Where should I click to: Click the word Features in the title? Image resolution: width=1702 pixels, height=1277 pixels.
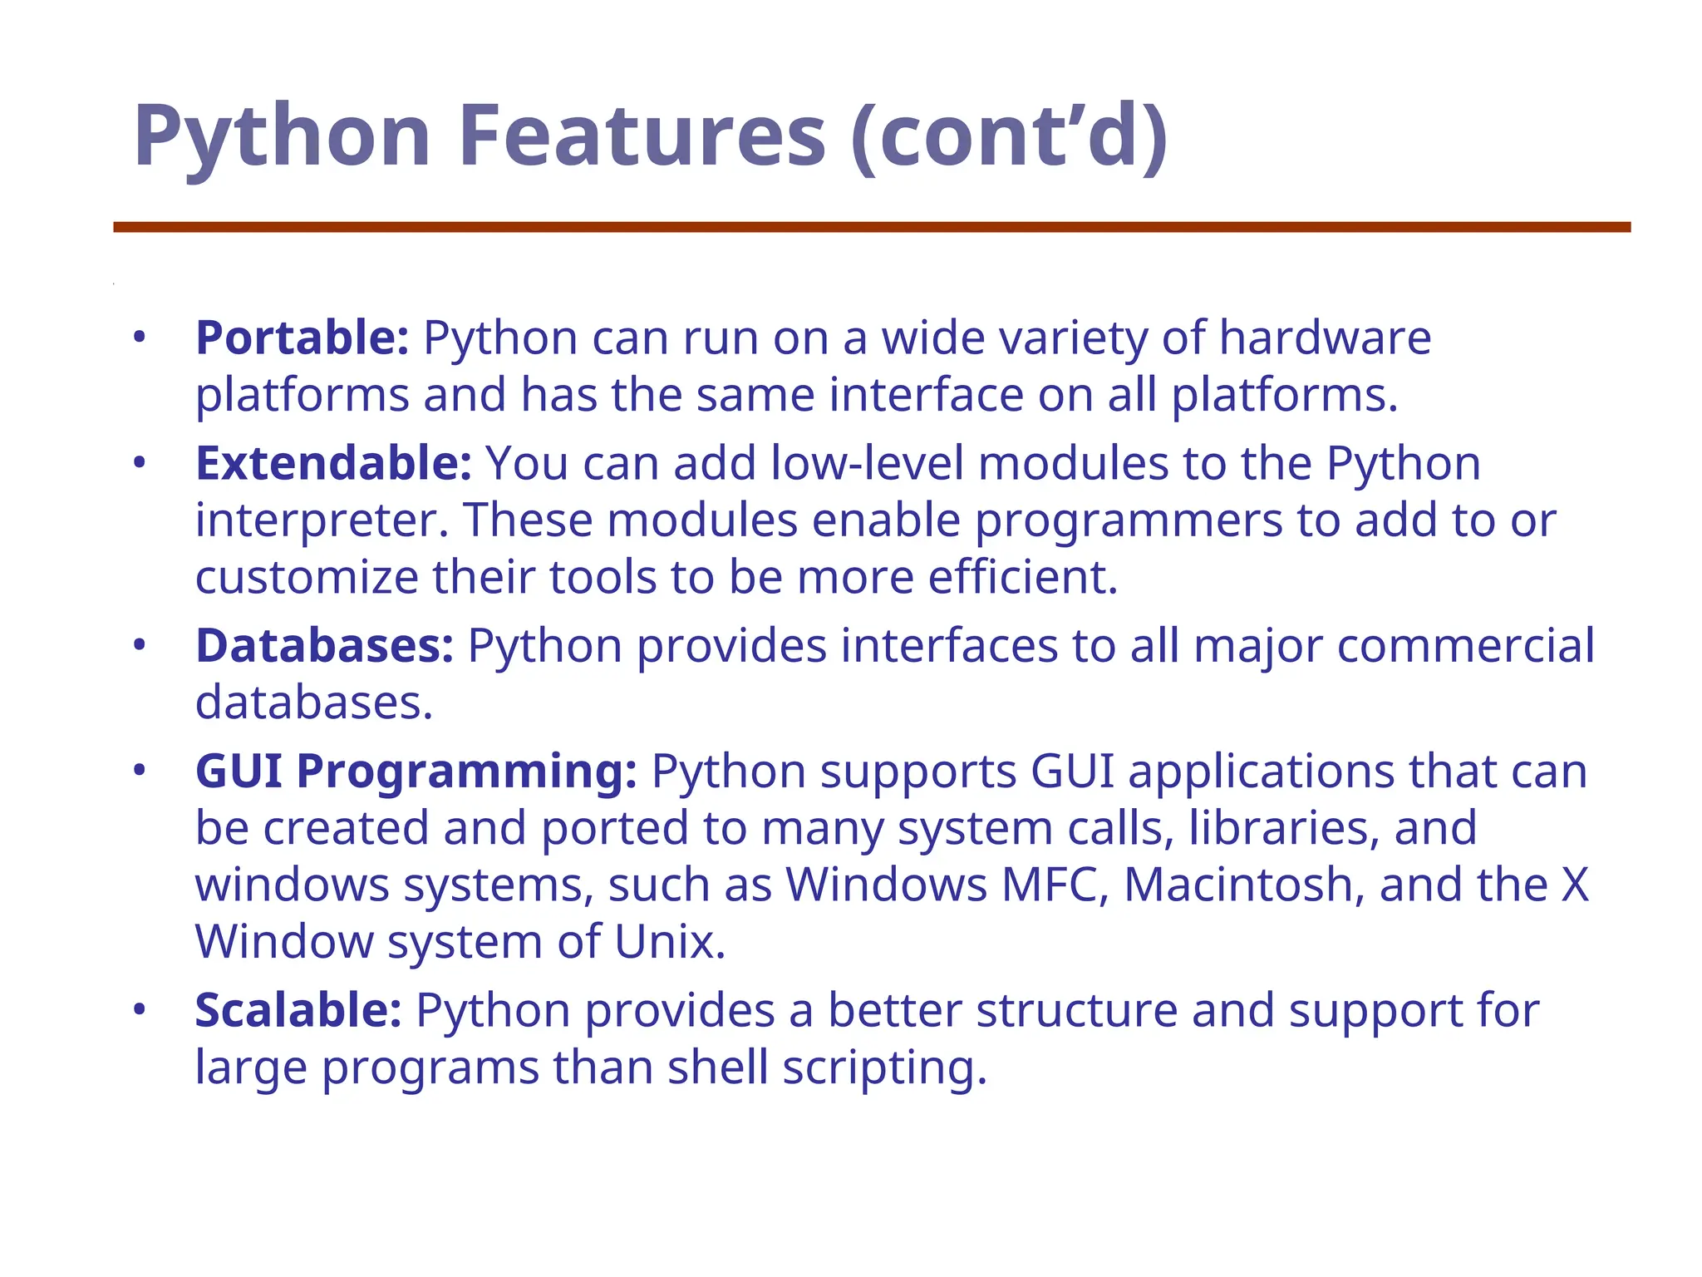pyautogui.click(x=642, y=136)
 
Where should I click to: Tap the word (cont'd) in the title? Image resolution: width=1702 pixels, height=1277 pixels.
pyautogui.click(x=1010, y=136)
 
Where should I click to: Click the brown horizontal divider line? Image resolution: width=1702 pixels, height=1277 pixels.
pyautogui.click(x=872, y=227)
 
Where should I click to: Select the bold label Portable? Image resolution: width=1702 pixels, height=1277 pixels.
pyautogui.click(x=302, y=338)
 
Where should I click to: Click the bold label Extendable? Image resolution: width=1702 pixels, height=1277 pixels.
pyautogui.click(x=333, y=463)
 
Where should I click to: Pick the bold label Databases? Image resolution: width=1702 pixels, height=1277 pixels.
pyautogui.click(x=324, y=646)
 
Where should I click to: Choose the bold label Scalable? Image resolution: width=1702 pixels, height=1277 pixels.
pyautogui.click(x=298, y=1011)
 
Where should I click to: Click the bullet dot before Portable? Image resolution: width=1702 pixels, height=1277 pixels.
pyautogui.click(x=140, y=338)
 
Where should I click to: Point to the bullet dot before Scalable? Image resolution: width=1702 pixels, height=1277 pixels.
pyautogui.click(x=140, y=1010)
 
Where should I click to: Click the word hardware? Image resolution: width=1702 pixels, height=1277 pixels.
pyautogui.click(x=1325, y=338)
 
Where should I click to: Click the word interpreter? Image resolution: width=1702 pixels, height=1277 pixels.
pyautogui.click(x=316, y=521)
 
